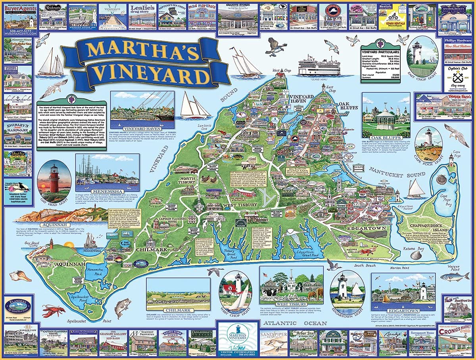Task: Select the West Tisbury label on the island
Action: point(239,205)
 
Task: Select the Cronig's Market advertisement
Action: point(455,340)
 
